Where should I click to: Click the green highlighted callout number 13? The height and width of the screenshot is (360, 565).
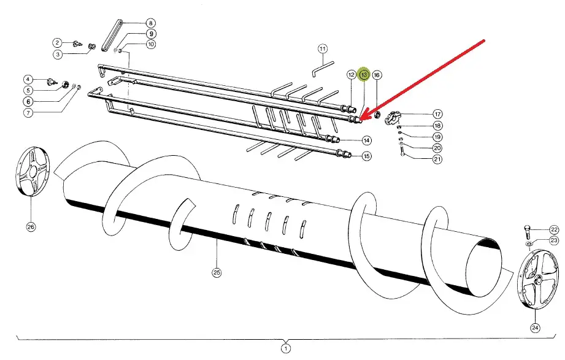(364, 75)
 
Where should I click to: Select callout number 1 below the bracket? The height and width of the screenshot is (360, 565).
(285, 349)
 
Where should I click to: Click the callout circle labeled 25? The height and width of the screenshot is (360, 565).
(216, 272)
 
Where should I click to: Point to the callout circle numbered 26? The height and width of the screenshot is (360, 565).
(31, 227)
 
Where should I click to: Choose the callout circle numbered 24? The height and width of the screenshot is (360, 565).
(535, 327)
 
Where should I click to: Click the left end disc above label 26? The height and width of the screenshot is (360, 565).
(33, 171)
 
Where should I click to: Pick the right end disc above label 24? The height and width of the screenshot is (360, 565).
(538, 279)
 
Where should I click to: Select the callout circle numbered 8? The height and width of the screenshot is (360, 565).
(151, 23)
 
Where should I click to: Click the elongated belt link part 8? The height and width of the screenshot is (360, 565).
(111, 36)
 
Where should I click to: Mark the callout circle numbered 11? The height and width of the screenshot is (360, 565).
(323, 48)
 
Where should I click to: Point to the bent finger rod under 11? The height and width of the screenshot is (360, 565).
(323, 69)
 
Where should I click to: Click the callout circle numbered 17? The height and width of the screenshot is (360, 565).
(437, 114)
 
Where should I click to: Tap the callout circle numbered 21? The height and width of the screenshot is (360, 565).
(437, 159)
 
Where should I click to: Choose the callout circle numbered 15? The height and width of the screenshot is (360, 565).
(366, 156)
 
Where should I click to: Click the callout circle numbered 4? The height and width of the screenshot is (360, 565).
(28, 79)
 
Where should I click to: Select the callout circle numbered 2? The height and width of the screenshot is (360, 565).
(57, 43)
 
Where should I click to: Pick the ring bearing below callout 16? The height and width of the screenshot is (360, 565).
(378, 115)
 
